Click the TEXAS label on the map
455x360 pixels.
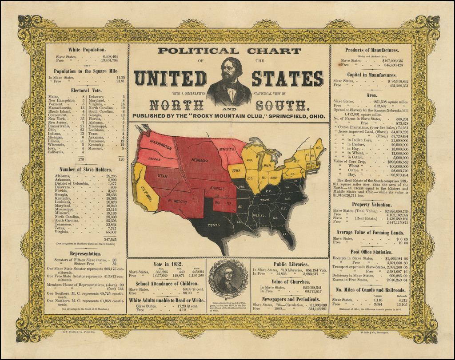pyautogui.click(x=214, y=225)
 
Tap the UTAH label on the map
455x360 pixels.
pyautogui.click(x=162, y=176)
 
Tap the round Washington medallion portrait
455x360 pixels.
pyautogui.click(x=228, y=279)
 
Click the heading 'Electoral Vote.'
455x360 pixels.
pyautogui.click(x=87, y=90)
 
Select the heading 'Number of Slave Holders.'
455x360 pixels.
pyautogui.click(x=86, y=169)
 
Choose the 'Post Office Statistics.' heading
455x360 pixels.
pyautogui.click(x=371, y=252)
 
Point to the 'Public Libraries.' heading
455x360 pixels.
pyautogui.click(x=290, y=263)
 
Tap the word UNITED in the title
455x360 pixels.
pyautogui.click(x=170, y=79)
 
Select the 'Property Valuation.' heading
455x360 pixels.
pyautogui.click(x=371, y=204)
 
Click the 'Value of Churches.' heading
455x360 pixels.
pyautogui.click(x=290, y=281)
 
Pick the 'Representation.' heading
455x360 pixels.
pyautogui.click(x=86, y=254)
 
